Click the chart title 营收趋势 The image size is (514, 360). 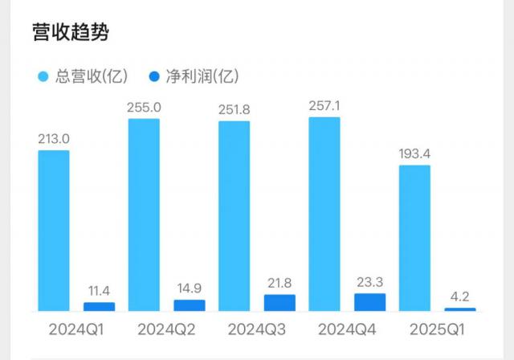[71, 32]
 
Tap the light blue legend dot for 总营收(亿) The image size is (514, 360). [44, 77]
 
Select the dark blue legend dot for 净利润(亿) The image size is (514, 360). [155, 77]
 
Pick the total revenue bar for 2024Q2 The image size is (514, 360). [144, 215]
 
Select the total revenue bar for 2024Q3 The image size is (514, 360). [234, 215]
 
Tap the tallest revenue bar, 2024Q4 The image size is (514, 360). [324, 214]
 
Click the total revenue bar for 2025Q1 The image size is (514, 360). [414, 238]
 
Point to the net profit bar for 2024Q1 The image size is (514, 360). [100, 306]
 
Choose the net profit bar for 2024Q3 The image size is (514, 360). [279, 302]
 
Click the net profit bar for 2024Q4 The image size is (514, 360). [369, 301]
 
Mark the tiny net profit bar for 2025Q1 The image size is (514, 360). [460, 309]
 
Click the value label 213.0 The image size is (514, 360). [54, 138]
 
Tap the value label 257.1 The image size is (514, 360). [324, 105]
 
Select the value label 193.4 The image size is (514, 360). [414, 153]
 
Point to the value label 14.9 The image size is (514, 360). [190, 288]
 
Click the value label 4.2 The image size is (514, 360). [460, 296]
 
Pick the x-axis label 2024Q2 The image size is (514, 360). [167, 329]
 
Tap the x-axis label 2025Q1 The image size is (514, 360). [437, 329]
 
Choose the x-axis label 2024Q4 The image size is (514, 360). [347, 329]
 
